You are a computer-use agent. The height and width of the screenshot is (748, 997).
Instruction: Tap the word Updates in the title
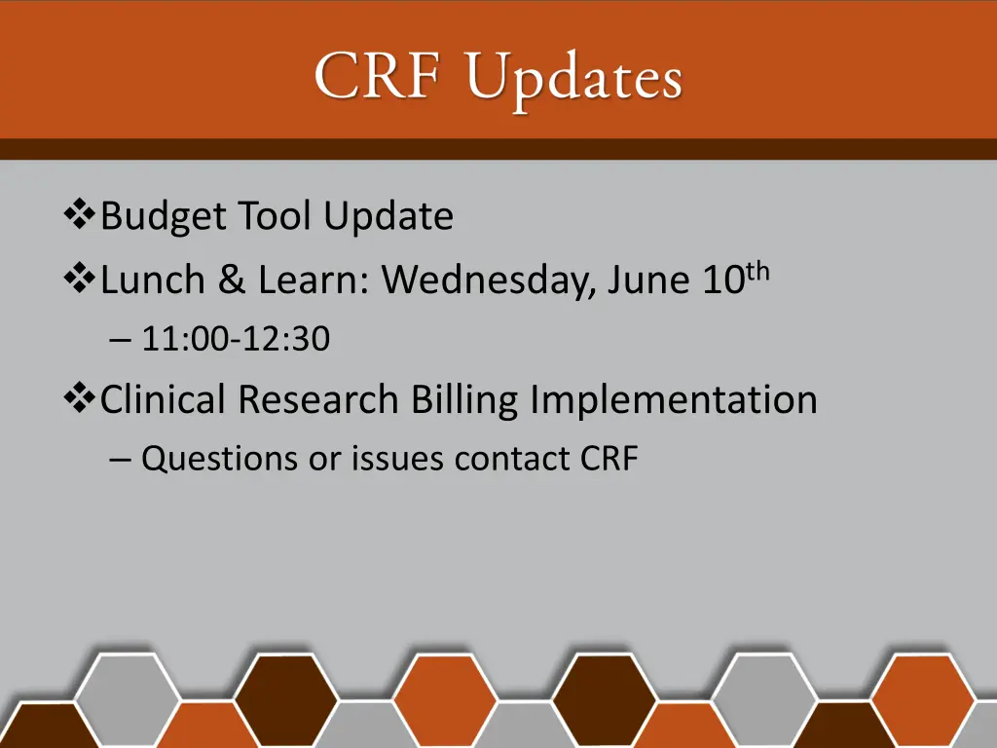click(x=573, y=80)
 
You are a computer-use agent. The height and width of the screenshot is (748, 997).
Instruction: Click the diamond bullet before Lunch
click(x=76, y=280)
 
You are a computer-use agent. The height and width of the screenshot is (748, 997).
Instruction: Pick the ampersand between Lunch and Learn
click(x=232, y=280)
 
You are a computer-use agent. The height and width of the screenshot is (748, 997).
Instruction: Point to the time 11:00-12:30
click(x=236, y=340)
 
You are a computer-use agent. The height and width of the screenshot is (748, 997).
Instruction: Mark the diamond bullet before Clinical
click(x=76, y=398)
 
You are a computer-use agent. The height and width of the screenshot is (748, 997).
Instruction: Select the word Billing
click(x=464, y=400)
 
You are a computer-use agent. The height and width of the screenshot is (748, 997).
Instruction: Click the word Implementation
click(x=674, y=399)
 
